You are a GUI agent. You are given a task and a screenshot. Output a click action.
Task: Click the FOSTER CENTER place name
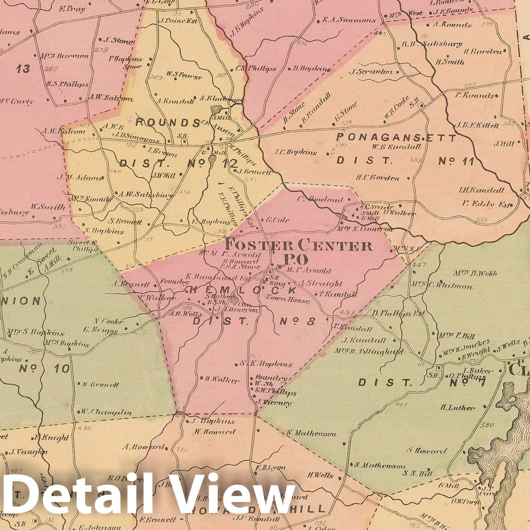coord(298,246)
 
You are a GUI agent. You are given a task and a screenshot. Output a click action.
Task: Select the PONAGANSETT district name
coord(396,138)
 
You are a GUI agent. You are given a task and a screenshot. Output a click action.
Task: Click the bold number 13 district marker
coord(23,69)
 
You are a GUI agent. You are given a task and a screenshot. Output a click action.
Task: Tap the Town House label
coord(287,300)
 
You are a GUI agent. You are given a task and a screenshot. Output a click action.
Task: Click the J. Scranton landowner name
coord(371,72)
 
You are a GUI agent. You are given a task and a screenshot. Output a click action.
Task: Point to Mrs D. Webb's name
coord(475,273)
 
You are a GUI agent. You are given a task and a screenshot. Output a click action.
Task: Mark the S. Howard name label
coord(427,451)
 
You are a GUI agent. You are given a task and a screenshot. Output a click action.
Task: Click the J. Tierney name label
coord(274,403)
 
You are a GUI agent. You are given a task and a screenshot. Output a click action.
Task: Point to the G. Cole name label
coord(277,220)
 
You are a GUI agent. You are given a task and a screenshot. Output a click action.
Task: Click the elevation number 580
coord(487,425)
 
